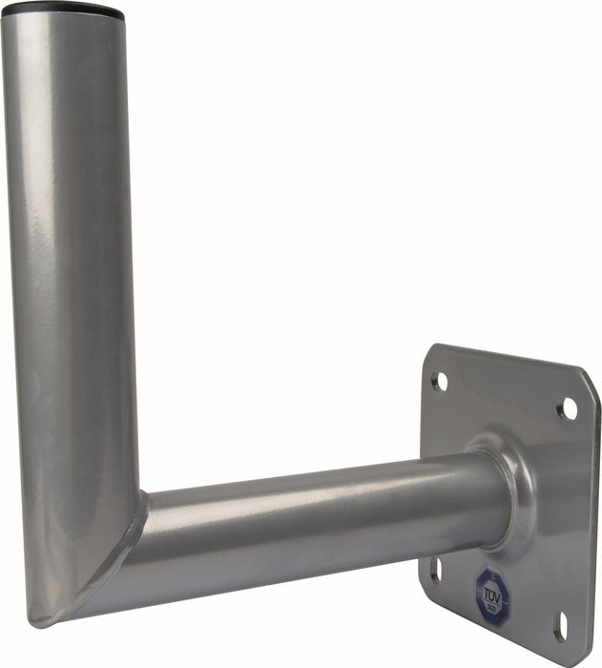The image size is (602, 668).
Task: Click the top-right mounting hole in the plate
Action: click(568, 408)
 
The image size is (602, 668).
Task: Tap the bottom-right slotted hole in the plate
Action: click(561, 625)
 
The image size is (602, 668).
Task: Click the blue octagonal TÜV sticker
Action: click(492, 596)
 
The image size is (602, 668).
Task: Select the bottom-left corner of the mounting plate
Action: click(423, 584)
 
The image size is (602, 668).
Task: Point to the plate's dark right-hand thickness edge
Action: click(593, 515)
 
